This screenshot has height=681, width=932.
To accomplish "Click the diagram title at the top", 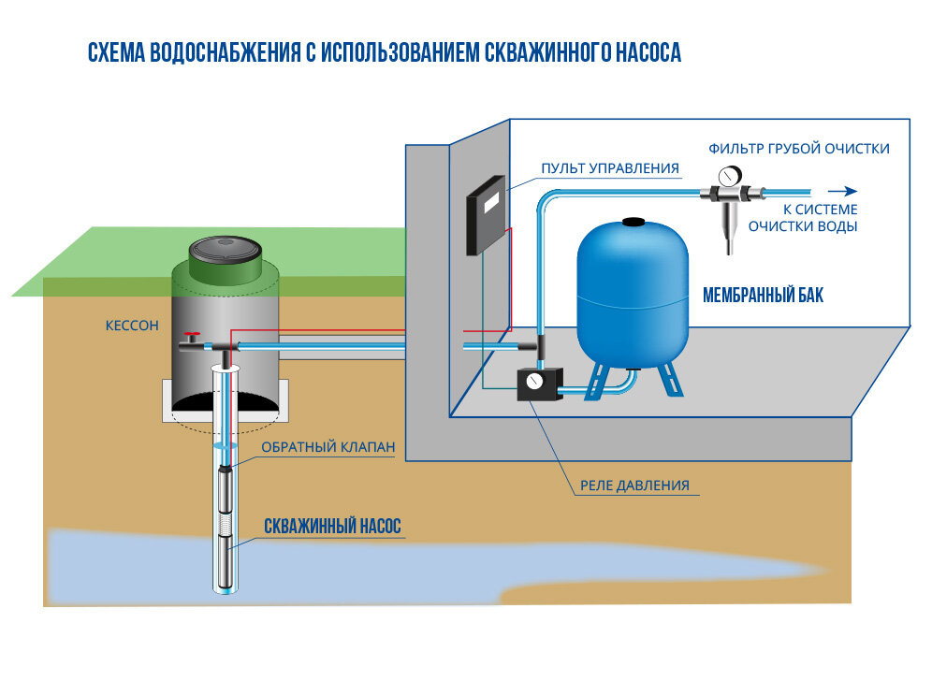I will coord(384,52).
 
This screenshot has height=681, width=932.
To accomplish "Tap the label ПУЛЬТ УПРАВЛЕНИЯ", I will coord(609,169).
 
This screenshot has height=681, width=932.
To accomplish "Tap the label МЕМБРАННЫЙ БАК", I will coord(763,297).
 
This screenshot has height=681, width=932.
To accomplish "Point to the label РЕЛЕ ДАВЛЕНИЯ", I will coord(634,485).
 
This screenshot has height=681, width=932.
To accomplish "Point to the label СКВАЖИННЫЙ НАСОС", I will coord(332,528).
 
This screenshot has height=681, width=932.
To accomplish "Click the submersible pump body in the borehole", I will coord(226,524).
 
